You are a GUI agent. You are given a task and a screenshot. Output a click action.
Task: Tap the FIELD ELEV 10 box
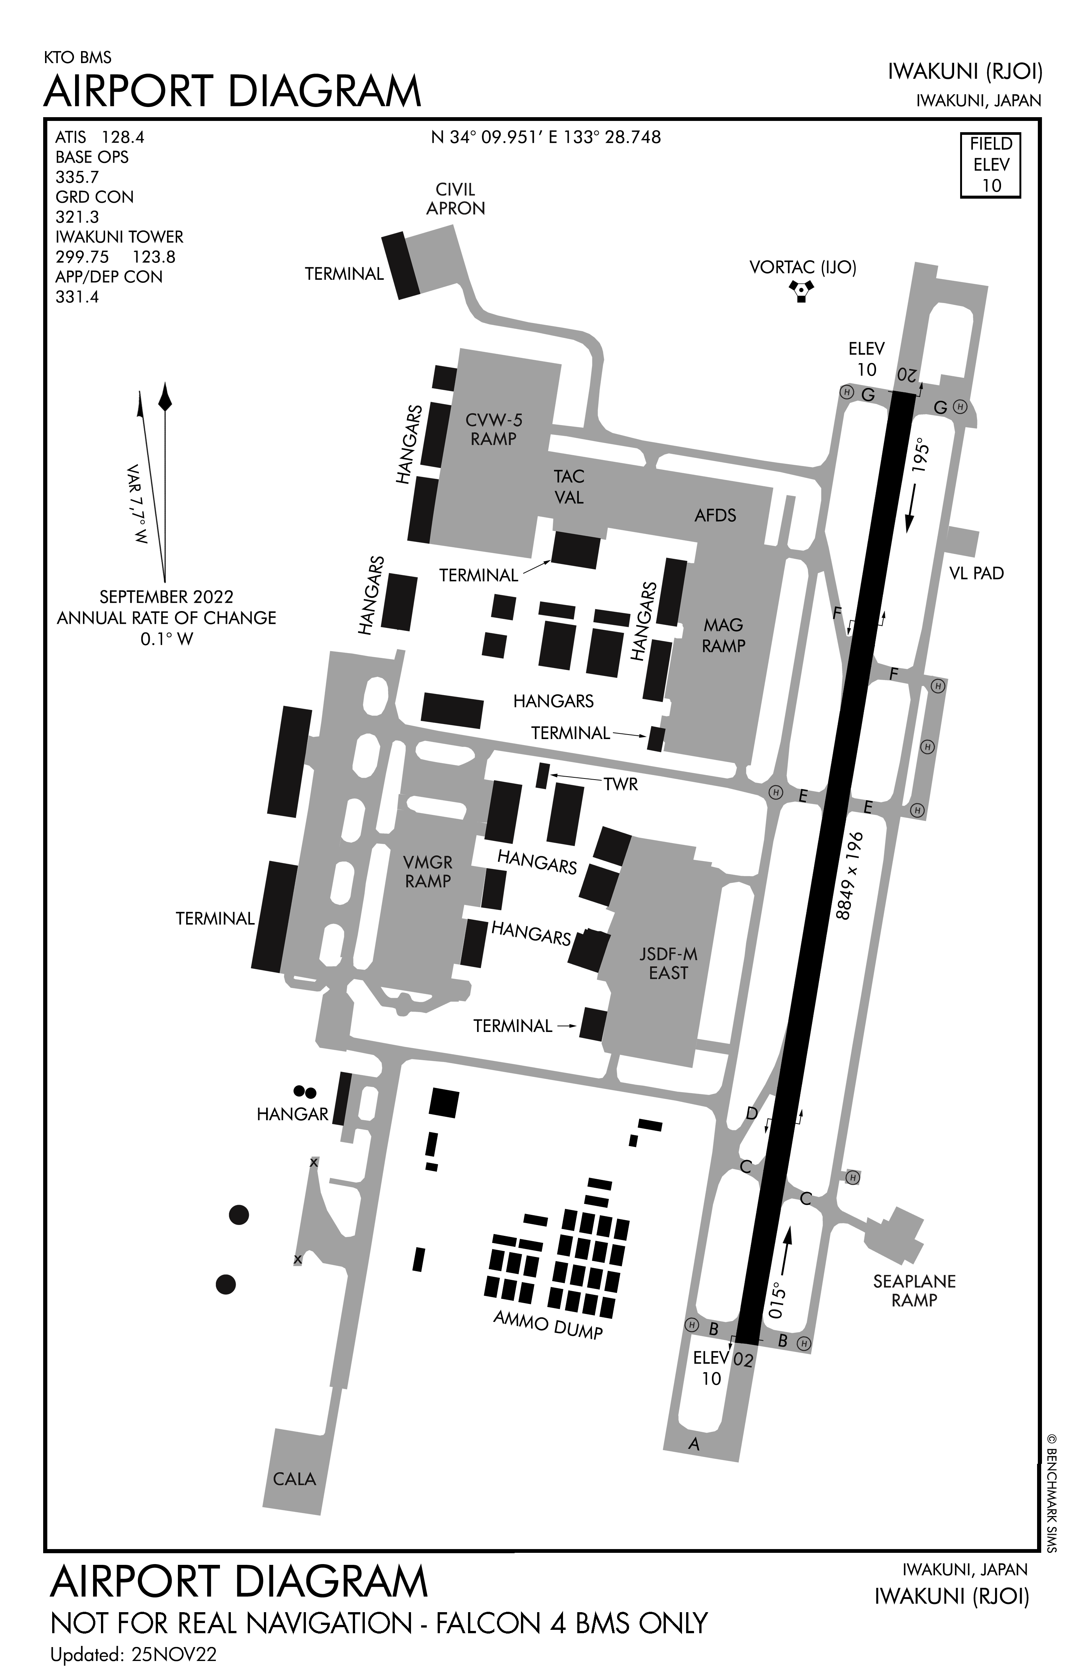(990, 165)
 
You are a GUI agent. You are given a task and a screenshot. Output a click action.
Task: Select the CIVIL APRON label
(455, 199)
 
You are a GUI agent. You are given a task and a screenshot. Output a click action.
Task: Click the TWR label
(620, 784)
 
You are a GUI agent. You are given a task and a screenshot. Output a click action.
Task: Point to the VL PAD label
(976, 573)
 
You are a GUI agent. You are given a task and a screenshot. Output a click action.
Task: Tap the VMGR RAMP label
(428, 872)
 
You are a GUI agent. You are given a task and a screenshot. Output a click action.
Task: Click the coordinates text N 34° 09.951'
(487, 137)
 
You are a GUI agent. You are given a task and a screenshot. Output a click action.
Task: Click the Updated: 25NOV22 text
(134, 1655)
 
